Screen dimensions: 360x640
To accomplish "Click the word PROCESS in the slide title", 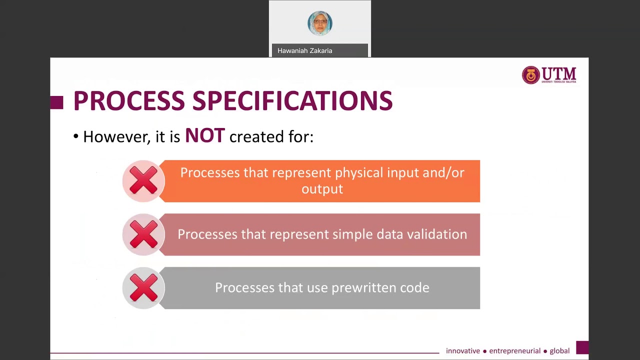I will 128,101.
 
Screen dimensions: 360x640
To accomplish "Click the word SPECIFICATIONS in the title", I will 292,101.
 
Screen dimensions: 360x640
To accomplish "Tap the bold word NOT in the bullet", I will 205,136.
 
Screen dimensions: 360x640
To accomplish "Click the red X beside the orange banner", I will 143,181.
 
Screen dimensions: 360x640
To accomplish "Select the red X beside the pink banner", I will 143,234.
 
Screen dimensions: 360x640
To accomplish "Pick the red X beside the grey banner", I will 143,288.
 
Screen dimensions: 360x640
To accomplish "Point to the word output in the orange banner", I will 322,189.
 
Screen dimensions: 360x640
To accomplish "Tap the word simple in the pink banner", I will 352,234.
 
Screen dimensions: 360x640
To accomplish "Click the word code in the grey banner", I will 414,288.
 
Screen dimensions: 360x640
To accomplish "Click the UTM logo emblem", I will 531,75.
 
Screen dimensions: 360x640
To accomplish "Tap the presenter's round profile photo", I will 320,23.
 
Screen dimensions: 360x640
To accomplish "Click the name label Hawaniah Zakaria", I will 304,50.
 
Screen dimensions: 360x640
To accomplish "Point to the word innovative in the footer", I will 462,351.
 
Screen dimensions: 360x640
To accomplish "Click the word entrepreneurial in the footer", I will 514,351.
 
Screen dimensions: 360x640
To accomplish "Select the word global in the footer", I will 559,351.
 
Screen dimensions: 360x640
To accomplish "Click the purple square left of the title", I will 57,102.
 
